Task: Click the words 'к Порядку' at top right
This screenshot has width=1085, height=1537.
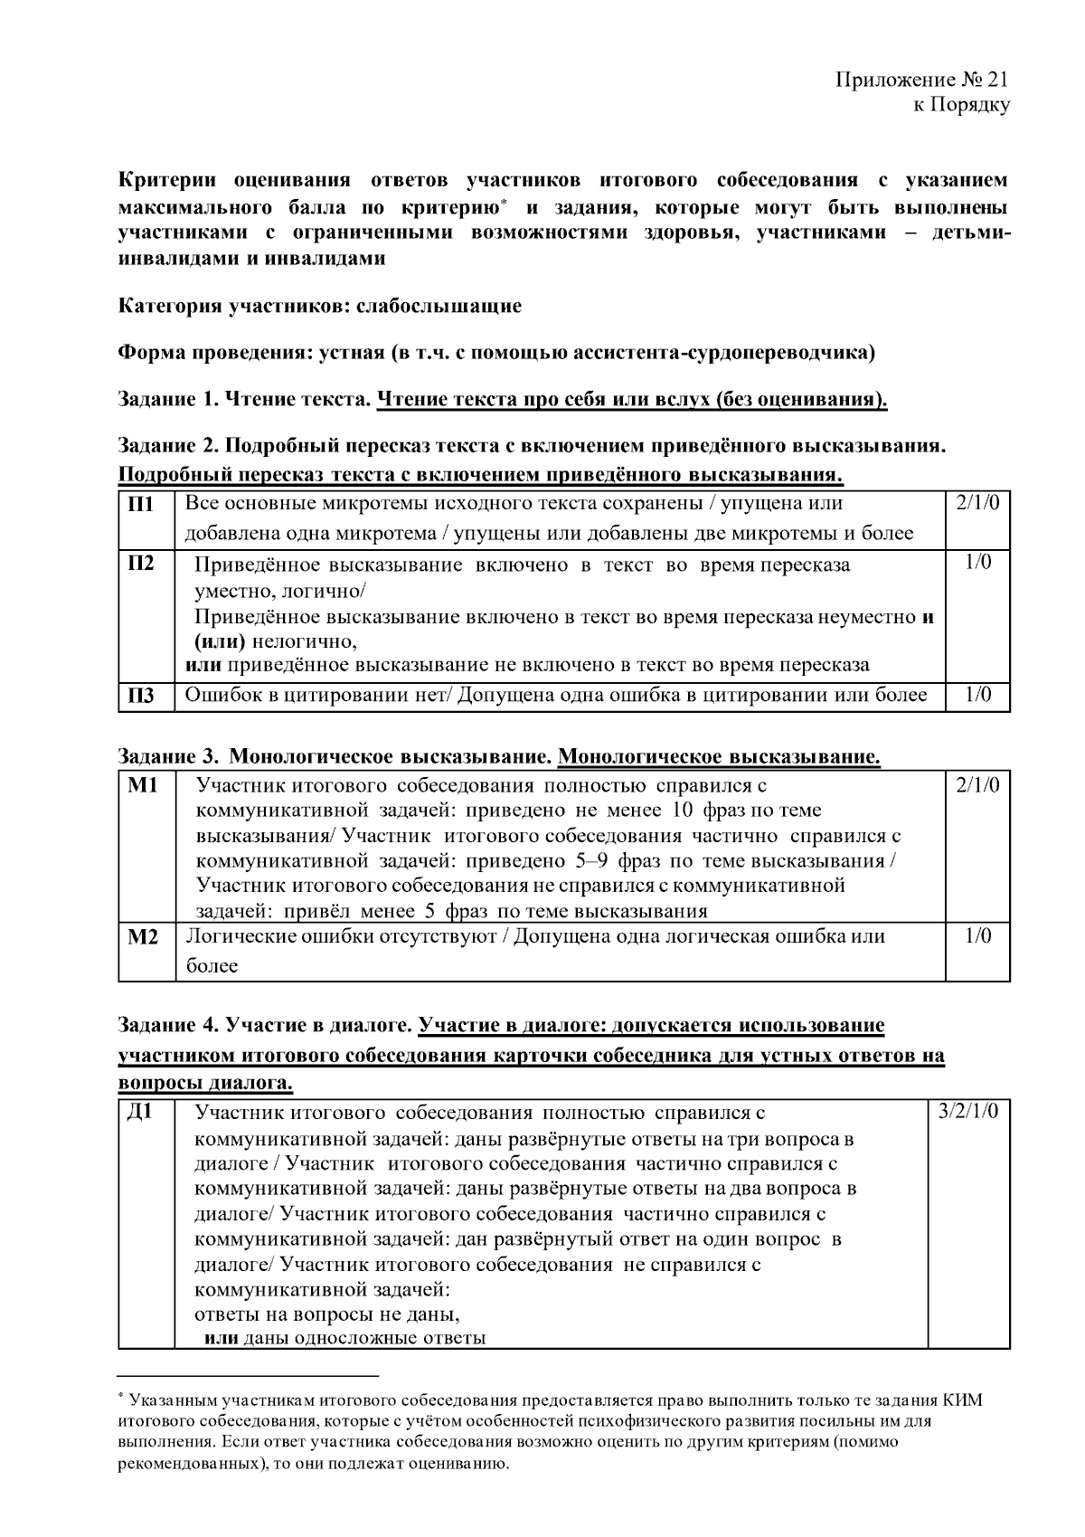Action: [x=960, y=105]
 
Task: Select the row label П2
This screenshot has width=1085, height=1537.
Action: [x=137, y=564]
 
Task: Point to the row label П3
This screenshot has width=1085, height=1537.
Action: [x=137, y=696]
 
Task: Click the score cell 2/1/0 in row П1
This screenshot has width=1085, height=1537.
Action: [x=976, y=504]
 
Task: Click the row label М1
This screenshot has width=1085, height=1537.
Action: [x=143, y=785]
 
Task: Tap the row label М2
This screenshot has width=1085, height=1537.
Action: [x=143, y=937]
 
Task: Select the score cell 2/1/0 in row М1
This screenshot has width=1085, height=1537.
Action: [x=976, y=785]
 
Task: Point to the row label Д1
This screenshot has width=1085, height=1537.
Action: [x=138, y=1113]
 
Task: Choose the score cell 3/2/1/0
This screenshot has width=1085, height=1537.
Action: [x=968, y=1112]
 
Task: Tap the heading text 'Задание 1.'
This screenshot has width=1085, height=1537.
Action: [x=169, y=399]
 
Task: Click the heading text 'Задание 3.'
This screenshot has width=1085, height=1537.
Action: [x=169, y=756]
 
